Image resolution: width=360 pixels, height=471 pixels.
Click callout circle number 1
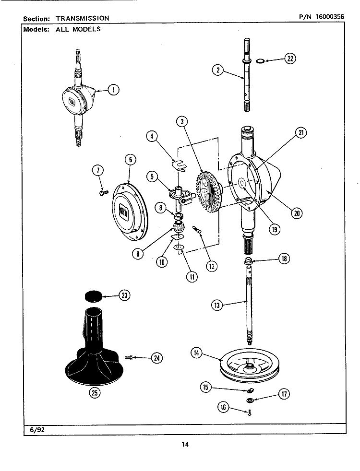pos(113,89)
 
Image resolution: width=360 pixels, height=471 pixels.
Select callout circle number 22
pos(289,59)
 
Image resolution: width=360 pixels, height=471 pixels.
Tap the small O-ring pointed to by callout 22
pos(259,61)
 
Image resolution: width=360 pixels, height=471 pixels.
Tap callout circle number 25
pos(95,393)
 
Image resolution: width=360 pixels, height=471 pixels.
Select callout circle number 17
pos(284,395)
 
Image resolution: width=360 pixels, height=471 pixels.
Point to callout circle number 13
pos(217,305)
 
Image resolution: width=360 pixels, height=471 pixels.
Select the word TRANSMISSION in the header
pos(83,18)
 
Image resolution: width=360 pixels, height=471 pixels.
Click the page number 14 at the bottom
pos(185,444)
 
